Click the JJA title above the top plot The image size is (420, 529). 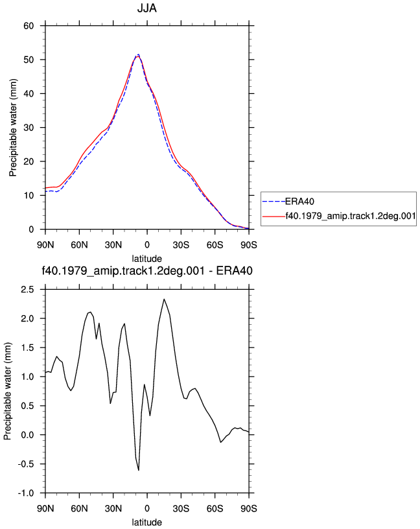click(147, 8)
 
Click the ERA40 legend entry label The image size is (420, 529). click(299, 202)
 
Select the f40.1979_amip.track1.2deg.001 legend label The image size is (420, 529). click(351, 216)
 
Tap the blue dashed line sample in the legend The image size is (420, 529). click(274, 202)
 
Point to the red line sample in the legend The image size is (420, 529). click(274, 216)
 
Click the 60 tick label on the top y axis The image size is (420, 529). click(29, 26)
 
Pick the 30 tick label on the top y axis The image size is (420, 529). click(29, 128)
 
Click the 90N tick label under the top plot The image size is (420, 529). click(45, 245)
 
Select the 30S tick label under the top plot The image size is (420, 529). click(181, 245)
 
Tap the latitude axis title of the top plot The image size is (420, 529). click(146, 259)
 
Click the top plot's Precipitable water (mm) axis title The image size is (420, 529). click(13, 128)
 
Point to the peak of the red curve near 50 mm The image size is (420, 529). click(138, 56)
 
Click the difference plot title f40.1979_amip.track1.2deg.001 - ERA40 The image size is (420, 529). click(147, 271)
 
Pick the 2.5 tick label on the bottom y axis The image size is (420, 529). click(27, 290)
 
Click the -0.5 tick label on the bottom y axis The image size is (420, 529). click(26, 464)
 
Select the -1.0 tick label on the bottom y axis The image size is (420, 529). click(26, 493)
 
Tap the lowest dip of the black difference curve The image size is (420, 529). click(139, 470)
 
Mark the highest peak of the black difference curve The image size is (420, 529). click(164, 299)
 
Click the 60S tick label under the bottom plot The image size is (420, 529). click(215, 508)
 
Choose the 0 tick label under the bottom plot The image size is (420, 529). click(147, 508)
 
